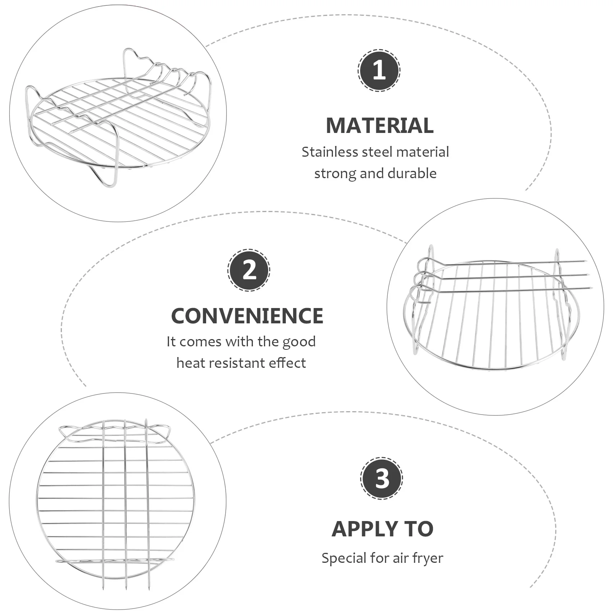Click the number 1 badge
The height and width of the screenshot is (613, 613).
(379, 70)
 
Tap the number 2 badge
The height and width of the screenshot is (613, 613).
(249, 270)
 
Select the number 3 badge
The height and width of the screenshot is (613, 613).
(382, 478)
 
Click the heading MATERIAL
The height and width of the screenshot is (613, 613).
(380, 125)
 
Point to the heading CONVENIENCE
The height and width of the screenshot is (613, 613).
(247, 316)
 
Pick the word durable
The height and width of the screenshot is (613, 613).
(412, 173)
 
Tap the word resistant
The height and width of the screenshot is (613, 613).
(236, 362)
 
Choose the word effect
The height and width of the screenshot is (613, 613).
(287, 362)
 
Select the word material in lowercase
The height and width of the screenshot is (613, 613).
(423, 152)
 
